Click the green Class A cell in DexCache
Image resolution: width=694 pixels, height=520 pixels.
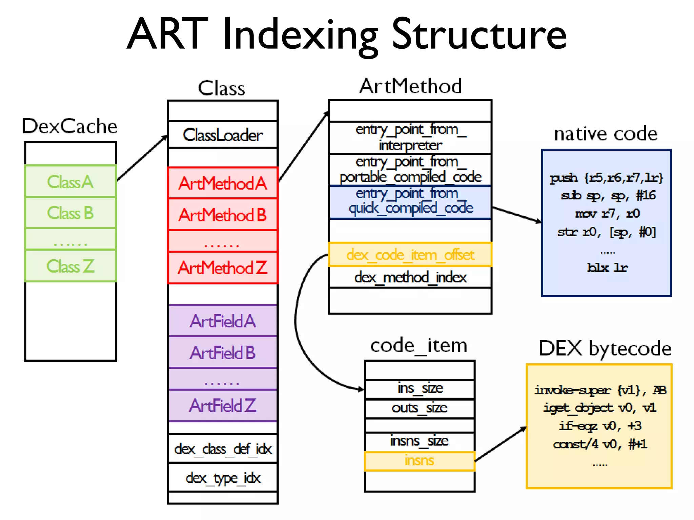[x=70, y=181]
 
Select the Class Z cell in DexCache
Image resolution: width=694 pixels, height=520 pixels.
[x=70, y=266]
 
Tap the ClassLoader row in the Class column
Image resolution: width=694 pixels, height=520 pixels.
[x=223, y=135]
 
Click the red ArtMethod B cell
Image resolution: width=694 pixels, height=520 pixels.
[x=223, y=215]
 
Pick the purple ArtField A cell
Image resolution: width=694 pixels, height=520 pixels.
[x=223, y=321]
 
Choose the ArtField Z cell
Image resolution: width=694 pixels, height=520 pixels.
[x=223, y=405]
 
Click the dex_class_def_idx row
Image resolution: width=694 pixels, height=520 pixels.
[x=223, y=449]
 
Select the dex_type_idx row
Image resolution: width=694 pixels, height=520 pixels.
[x=223, y=478]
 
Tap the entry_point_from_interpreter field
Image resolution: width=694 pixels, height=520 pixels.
[x=410, y=137]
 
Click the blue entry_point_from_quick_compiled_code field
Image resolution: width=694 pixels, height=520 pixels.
[x=410, y=201]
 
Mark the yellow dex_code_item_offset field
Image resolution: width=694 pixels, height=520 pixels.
[x=410, y=255]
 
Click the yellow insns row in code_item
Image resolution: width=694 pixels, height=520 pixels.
[x=420, y=461]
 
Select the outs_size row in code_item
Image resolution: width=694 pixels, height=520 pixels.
[x=420, y=408]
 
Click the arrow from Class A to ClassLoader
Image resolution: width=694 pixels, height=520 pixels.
[x=142, y=158]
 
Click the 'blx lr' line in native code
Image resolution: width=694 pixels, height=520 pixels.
[x=607, y=267]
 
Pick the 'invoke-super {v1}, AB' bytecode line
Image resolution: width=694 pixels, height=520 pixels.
[x=600, y=390]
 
